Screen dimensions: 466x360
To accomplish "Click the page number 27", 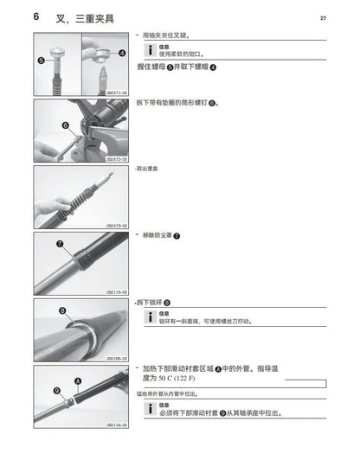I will click(323, 17).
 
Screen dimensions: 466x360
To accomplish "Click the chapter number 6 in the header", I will click(35, 17).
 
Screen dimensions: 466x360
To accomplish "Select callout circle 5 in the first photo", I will click(42, 61).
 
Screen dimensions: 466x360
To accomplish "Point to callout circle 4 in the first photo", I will click(121, 52).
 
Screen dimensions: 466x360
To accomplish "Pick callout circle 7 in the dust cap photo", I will click(60, 244).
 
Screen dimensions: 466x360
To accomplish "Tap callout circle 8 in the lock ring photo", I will click(62, 310).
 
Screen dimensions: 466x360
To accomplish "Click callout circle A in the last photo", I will click(79, 379).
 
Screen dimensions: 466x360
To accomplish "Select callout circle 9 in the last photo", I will click(57, 391).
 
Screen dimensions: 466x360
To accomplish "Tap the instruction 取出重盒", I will click(150, 169).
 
